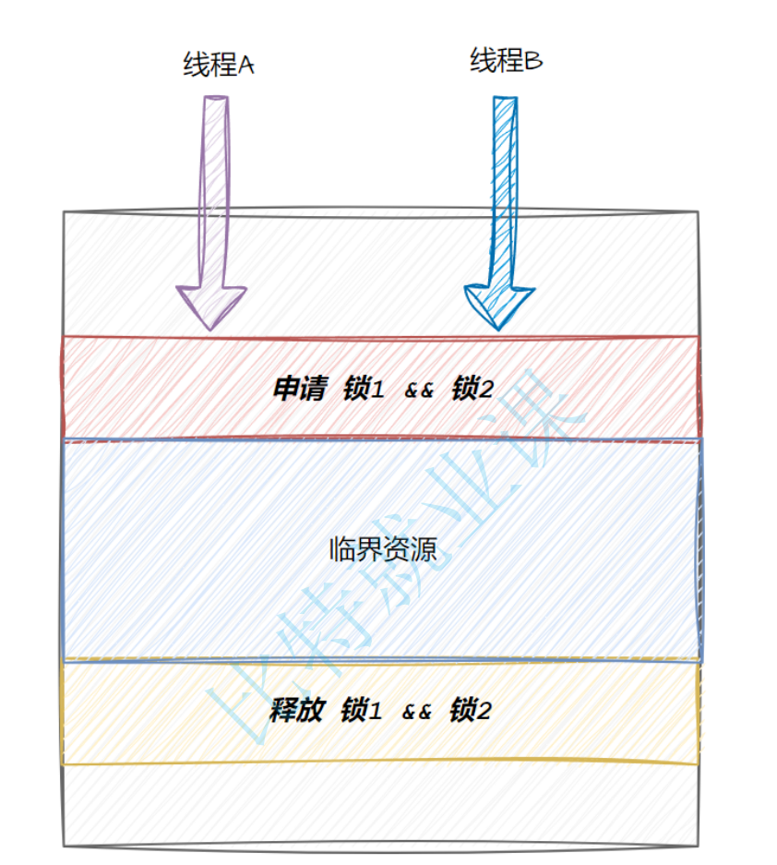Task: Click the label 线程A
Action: pos(219,66)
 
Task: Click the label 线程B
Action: pos(507,62)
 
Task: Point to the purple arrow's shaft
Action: pos(213,185)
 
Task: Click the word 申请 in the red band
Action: pos(299,390)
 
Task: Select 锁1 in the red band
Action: pos(363,390)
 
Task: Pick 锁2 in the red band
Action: pos(472,390)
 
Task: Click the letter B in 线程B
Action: pos(534,63)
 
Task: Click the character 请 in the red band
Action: pos(313,390)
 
